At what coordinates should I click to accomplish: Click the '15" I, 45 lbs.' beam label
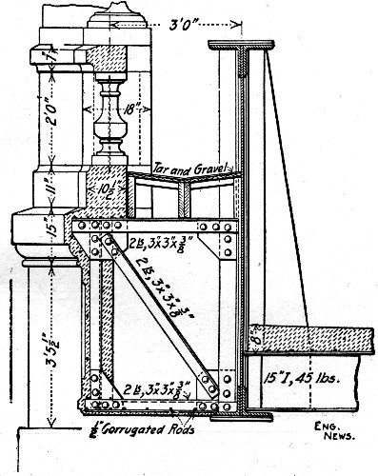point(289,375)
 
